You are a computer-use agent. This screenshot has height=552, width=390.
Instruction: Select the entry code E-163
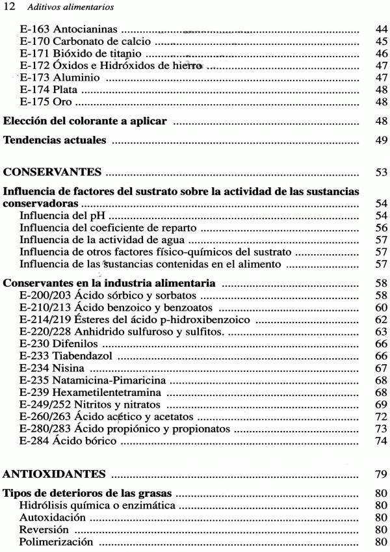coord(36,30)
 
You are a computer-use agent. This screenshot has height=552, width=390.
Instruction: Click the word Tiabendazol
coord(83,355)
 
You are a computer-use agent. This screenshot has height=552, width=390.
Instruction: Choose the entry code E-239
coord(36,392)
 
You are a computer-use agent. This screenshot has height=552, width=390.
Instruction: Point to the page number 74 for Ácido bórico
coord(382,441)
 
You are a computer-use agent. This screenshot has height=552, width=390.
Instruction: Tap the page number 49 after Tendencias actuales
coord(382,140)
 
